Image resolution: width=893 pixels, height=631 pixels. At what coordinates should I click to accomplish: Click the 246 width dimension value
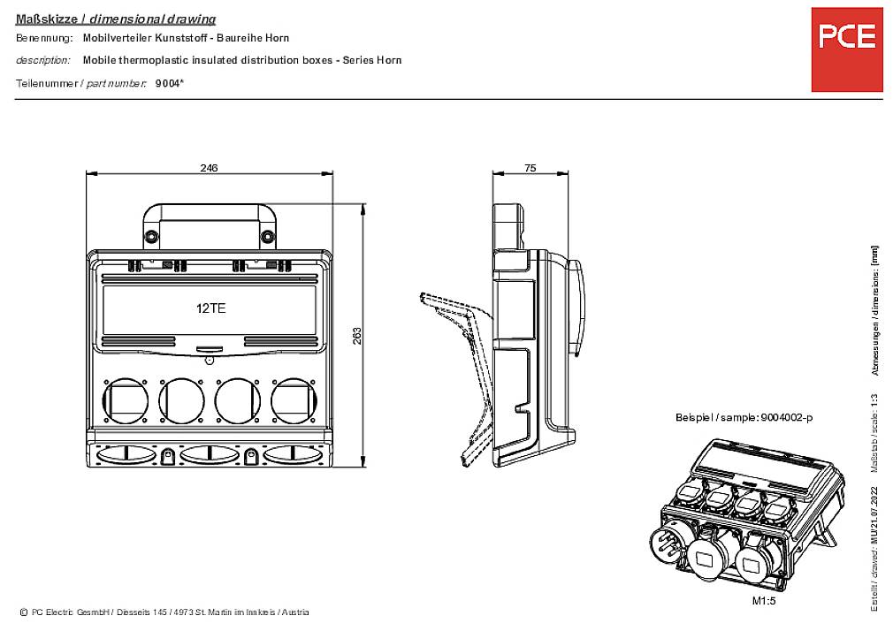coord(209,167)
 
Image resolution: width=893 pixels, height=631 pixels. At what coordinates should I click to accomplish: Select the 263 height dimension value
coord(357,336)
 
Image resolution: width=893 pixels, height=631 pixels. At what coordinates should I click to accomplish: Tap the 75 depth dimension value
coord(530,167)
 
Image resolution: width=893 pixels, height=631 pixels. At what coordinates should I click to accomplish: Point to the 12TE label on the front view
coord(210,308)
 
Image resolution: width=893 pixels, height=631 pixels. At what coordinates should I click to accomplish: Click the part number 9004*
coord(169,83)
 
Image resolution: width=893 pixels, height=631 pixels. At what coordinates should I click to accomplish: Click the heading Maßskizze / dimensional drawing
coord(116,19)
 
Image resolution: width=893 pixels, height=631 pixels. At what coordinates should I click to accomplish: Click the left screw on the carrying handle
coord(152,236)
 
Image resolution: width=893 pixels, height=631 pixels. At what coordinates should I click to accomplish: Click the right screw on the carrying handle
coord(267,236)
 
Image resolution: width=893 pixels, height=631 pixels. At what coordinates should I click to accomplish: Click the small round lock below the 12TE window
coord(210,361)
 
